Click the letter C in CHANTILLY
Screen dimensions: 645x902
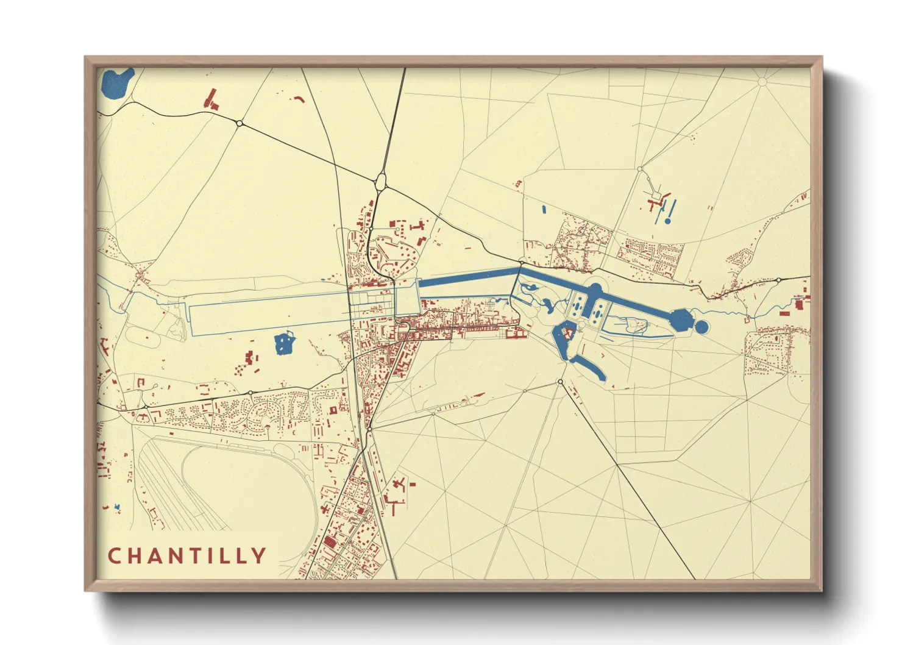[114, 556]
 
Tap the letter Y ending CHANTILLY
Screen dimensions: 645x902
[260, 556]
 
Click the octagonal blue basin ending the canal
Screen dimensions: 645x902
[682, 319]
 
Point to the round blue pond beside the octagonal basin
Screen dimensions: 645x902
[701, 327]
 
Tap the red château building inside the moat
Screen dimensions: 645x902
[567, 333]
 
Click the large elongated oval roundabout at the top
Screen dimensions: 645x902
[381, 181]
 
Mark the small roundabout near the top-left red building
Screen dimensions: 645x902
[240, 123]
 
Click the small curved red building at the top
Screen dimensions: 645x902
[299, 98]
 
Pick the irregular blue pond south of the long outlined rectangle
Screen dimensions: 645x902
[283, 343]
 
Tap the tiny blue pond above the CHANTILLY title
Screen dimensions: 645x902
[117, 507]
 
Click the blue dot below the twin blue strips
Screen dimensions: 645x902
[667, 221]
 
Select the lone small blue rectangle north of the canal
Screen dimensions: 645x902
[544, 210]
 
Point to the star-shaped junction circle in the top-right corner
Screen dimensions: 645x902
[762, 81]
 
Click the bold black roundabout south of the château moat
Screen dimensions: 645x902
[560, 382]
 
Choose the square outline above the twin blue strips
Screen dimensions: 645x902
[656, 196]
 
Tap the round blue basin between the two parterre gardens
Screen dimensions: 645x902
[595, 289]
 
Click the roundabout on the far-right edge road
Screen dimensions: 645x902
[778, 280]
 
